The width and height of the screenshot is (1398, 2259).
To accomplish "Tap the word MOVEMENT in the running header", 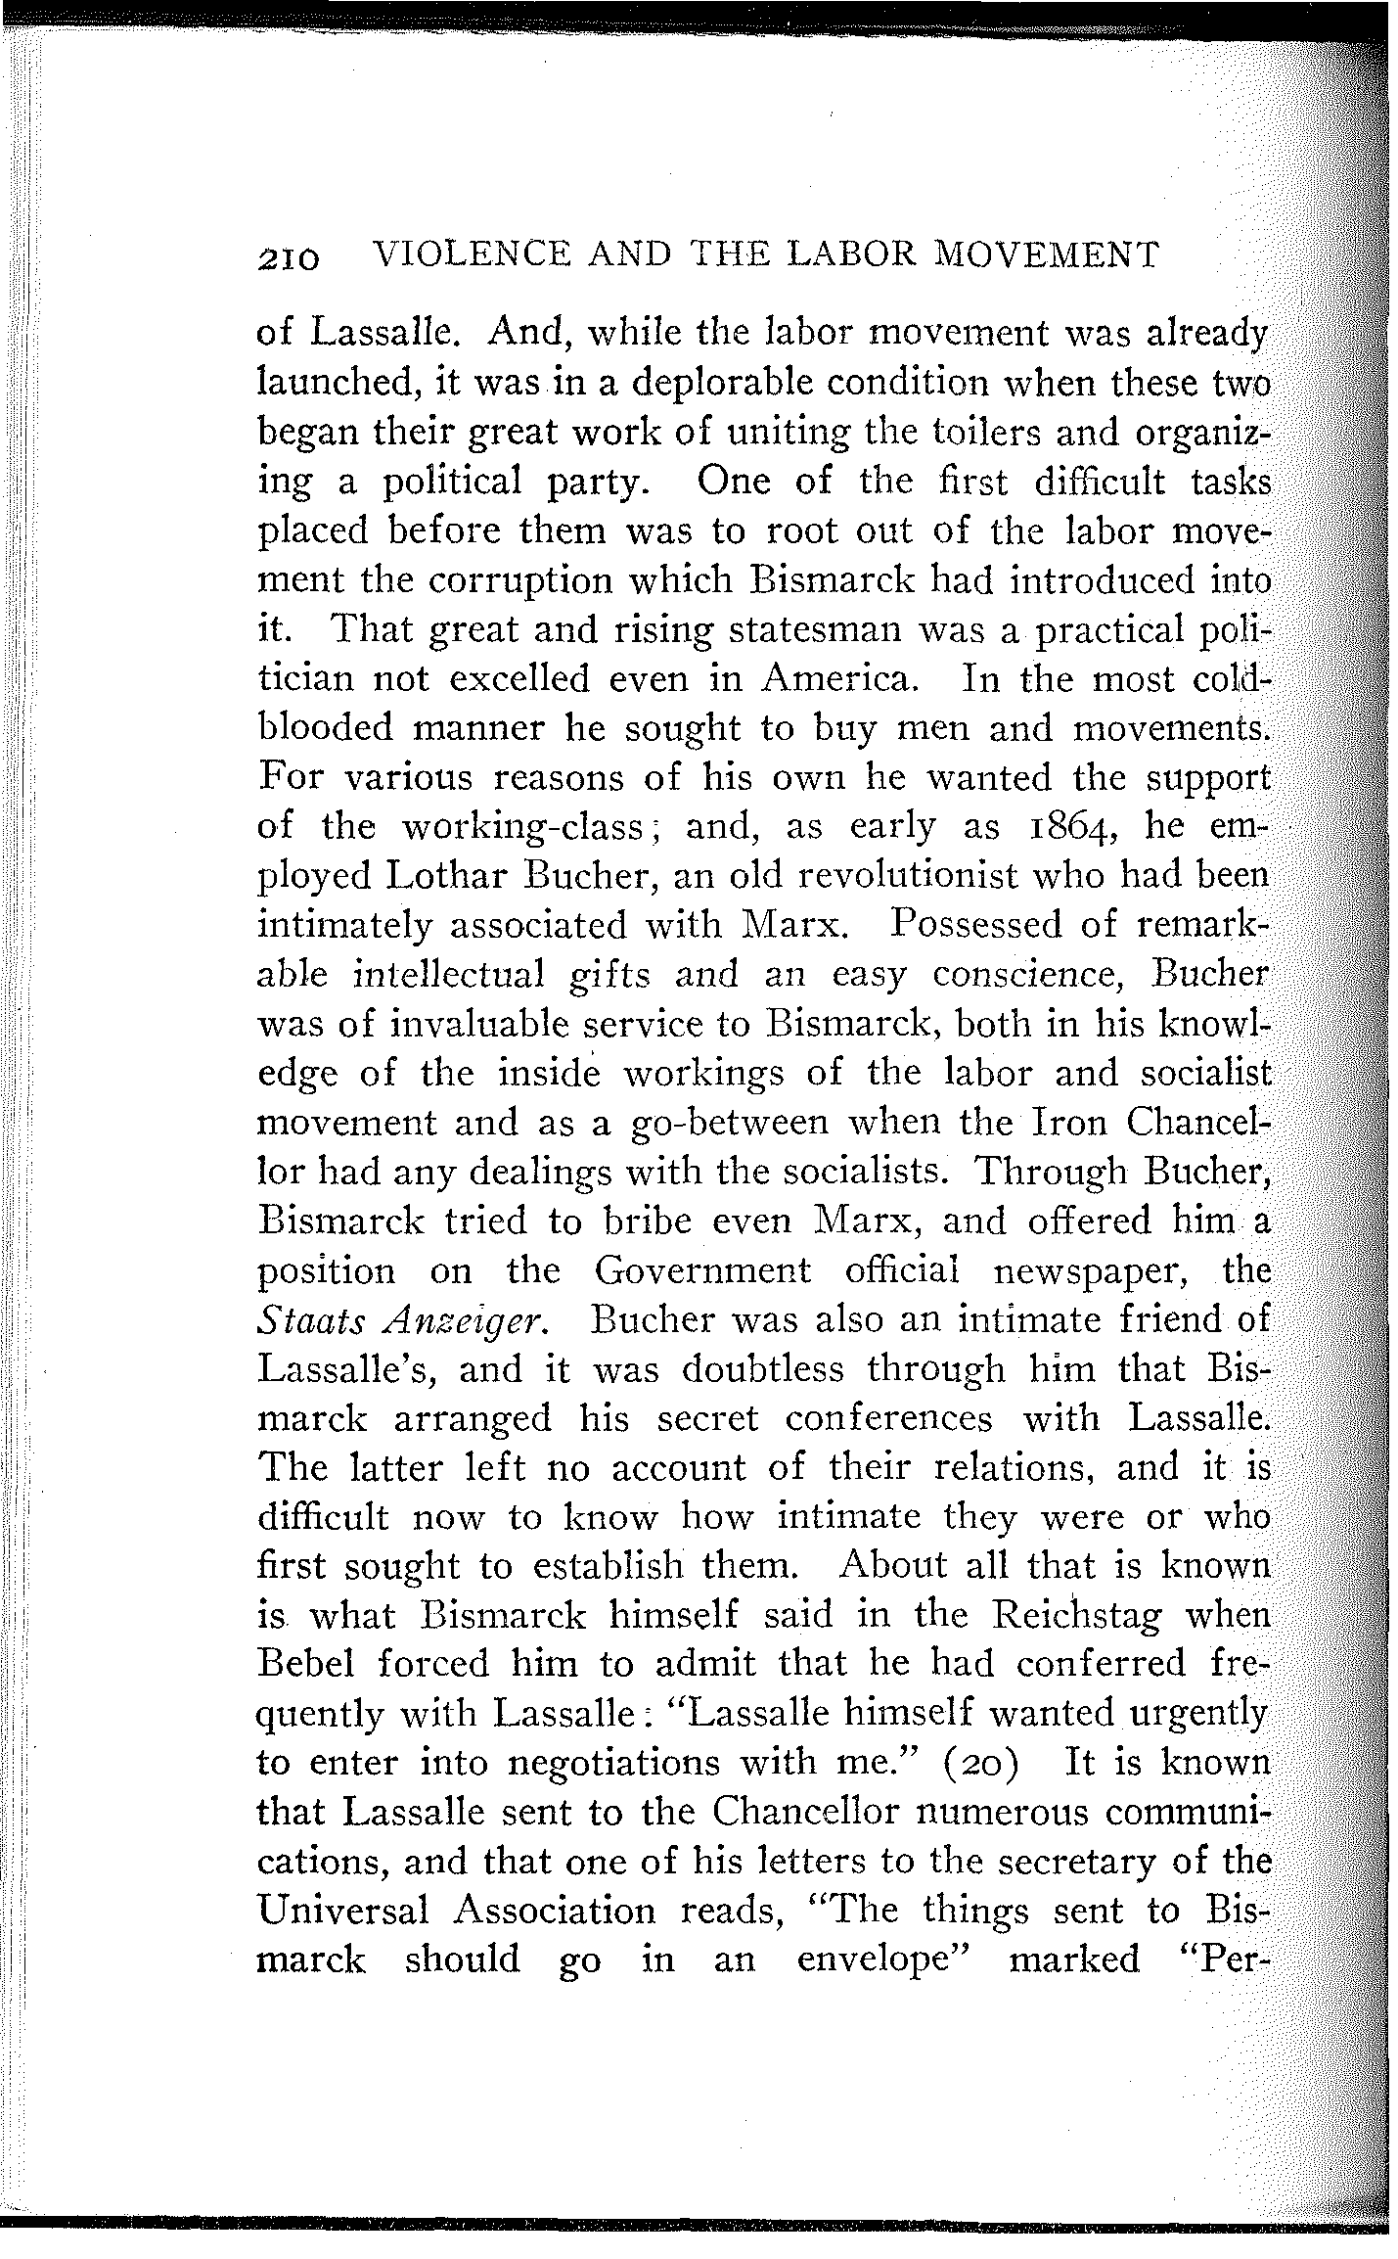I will [1047, 254].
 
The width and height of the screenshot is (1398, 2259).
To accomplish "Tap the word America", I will [841, 678].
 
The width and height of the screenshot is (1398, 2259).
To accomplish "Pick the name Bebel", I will [309, 1664].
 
